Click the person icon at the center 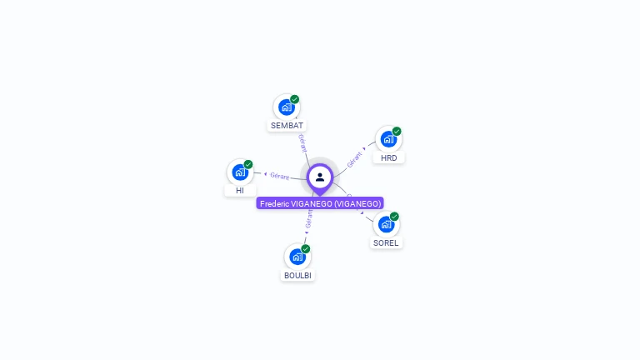point(320,177)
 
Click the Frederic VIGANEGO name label point(320,203)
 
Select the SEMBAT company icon point(287,107)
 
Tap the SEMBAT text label point(287,126)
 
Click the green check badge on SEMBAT point(295,99)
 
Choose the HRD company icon point(388,139)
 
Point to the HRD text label point(388,157)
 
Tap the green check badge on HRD point(397,131)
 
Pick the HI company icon point(240,172)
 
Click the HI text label point(240,191)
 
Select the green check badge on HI point(248,164)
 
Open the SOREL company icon point(386,225)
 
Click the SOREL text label point(386,243)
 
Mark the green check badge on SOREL point(395,217)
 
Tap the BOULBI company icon point(297,257)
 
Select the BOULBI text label point(298,276)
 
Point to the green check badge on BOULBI point(306,249)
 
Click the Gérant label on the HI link point(279,176)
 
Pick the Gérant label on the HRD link point(355,159)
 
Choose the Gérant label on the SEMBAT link point(302,142)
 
